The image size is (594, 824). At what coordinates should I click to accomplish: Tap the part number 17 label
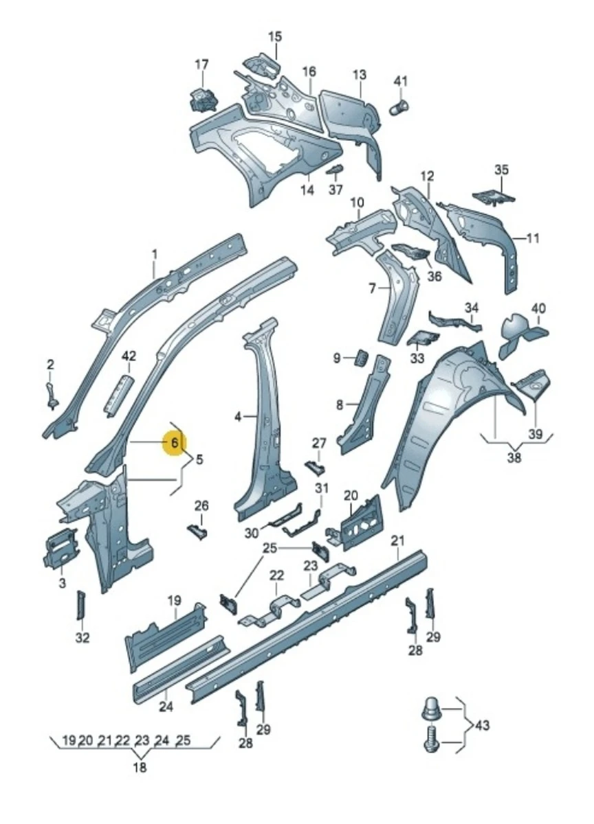tap(201, 65)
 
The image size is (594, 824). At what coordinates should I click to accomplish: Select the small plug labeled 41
tap(399, 107)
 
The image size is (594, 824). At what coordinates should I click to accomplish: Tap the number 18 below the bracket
tap(140, 768)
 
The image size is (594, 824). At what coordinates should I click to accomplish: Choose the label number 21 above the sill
tap(397, 541)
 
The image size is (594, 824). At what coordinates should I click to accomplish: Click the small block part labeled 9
tap(361, 358)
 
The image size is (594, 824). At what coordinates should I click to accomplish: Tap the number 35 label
tap(501, 170)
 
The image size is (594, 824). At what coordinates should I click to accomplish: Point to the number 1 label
tap(154, 254)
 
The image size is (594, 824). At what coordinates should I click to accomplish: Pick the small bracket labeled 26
tap(197, 532)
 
